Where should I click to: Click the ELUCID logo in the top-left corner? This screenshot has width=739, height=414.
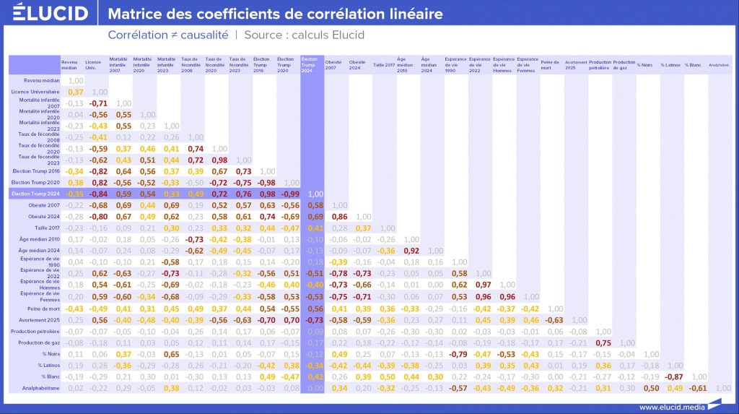click(50, 14)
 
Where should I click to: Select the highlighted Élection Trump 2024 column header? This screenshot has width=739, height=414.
click(310, 64)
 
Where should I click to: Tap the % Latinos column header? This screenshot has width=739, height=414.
click(672, 64)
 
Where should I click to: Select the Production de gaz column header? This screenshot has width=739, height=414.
click(624, 64)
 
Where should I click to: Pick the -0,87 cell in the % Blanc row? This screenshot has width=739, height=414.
click(674, 376)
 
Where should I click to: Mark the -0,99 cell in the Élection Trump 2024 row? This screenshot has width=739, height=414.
click(290, 194)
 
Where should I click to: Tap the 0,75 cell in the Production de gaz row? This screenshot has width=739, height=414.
click(603, 342)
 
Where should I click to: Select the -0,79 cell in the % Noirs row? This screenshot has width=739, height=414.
click(458, 354)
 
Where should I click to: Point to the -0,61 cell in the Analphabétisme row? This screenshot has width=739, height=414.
click(697, 388)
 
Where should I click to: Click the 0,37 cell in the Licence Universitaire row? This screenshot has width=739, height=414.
click(76, 92)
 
